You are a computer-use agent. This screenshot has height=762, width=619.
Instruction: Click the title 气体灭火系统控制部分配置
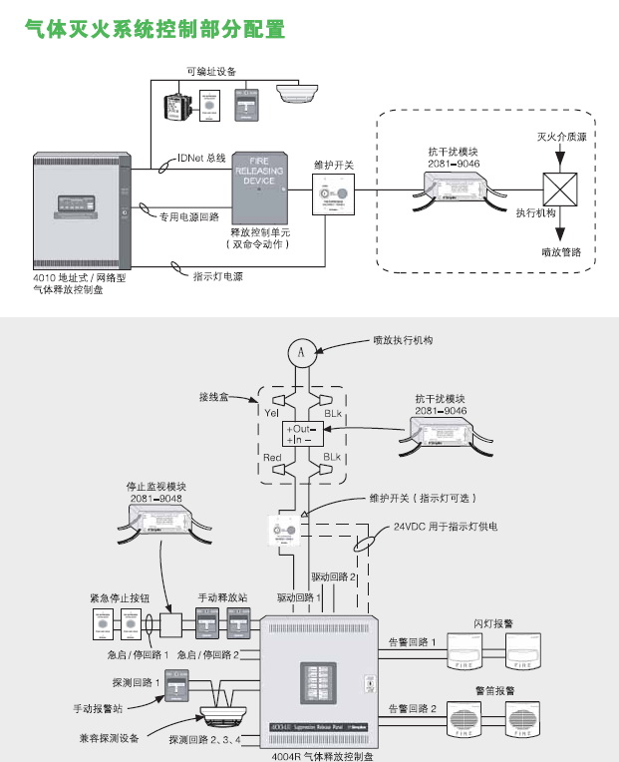tap(155, 30)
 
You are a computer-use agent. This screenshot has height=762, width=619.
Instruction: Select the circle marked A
tap(306, 351)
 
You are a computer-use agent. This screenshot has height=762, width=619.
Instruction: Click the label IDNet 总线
tap(201, 158)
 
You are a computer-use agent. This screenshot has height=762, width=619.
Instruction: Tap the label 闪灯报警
tap(494, 621)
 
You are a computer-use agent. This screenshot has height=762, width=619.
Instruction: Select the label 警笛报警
tap(494, 690)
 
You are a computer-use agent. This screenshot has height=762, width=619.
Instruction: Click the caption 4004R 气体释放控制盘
tap(322, 756)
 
